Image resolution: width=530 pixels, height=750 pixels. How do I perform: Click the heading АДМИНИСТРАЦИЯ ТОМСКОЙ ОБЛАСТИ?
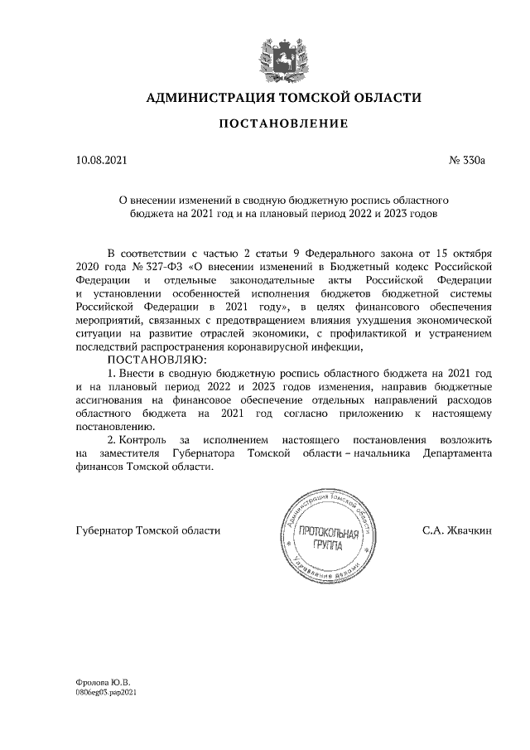coord(283,98)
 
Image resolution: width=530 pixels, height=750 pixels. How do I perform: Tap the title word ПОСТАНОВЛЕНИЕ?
coord(283,124)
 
